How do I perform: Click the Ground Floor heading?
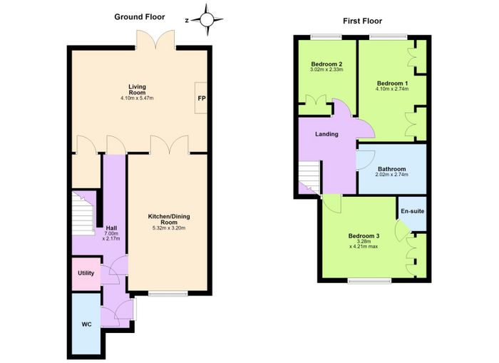(140, 17)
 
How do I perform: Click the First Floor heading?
(362, 21)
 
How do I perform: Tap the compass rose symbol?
(207, 20)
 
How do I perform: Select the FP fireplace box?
(201, 98)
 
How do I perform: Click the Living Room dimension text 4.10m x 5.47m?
(137, 98)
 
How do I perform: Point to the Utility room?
(86, 274)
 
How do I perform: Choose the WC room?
(86, 324)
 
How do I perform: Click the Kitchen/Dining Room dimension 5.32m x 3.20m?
(169, 227)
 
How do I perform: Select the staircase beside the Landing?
(309, 178)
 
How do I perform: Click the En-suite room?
(413, 214)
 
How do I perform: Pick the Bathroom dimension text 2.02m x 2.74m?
(392, 175)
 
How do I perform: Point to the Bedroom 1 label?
(392, 83)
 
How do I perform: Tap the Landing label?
(326, 134)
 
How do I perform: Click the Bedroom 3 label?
(364, 236)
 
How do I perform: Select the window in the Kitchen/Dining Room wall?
(168, 294)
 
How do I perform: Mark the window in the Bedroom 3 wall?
(369, 280)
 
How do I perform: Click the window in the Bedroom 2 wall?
(326, 37)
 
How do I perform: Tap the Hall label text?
(111, 228)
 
